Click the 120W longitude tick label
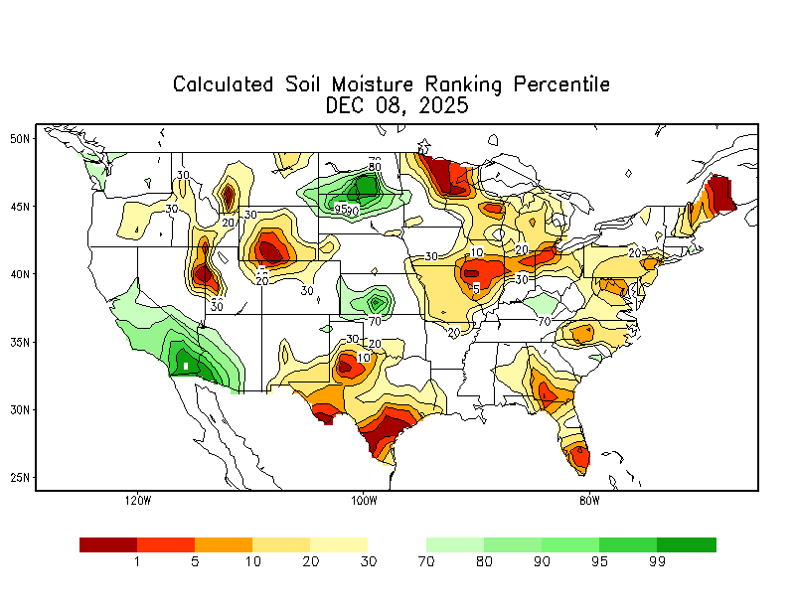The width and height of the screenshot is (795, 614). (x=137, y=500)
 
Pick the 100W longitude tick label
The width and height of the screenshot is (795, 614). (x=363, y=500)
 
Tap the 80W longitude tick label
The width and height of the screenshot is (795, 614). (x=589, y=500)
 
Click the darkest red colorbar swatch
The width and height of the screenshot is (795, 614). (x=108, y=544)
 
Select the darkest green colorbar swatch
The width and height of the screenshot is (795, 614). (x=687, y=544)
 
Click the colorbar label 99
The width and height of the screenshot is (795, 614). (x=657, y=562)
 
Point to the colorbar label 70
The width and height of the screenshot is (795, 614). (x=426, y=562)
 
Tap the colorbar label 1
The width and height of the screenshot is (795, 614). (x=137, y=562)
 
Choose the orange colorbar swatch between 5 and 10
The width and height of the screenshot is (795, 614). (x=224, y=544)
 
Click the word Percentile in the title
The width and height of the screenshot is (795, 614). (x=561, y=84)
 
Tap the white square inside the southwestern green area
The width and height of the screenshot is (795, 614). (x=186, y=366)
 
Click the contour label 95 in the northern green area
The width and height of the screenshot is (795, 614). (x=341, y=209)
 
